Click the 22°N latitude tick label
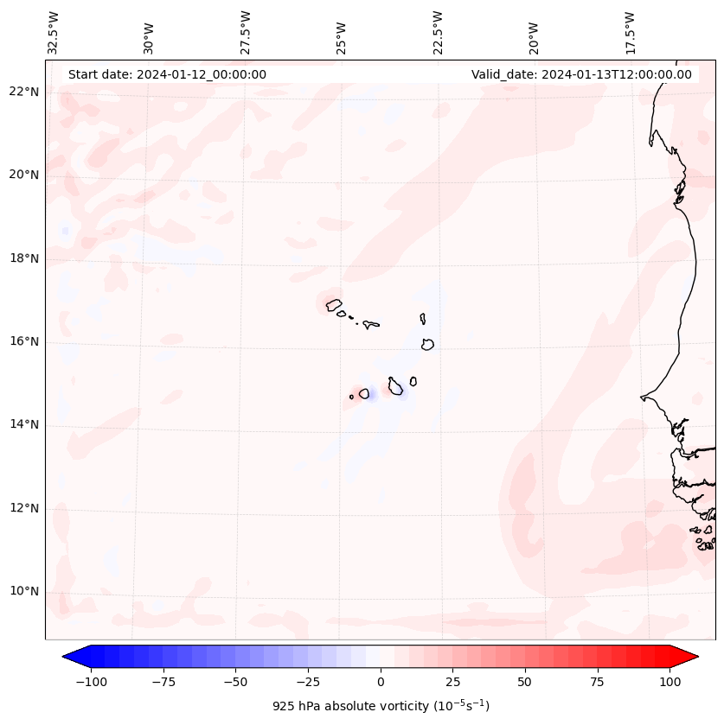[25, 92]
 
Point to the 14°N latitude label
[25, 424]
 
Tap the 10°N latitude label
[25, 592]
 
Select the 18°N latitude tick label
[25, 258]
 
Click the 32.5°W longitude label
[54, 33]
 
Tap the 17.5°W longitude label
[630, 33]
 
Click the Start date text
[167, 74]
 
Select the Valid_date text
[581, 74]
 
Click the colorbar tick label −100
[91, 683]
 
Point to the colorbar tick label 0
[381, 683]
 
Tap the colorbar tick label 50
[525, 683]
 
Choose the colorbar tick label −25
[308, 683]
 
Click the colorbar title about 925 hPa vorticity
[381, 706]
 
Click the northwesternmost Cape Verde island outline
[334, 304]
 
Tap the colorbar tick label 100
[670, 683]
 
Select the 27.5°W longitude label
[246, 33]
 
